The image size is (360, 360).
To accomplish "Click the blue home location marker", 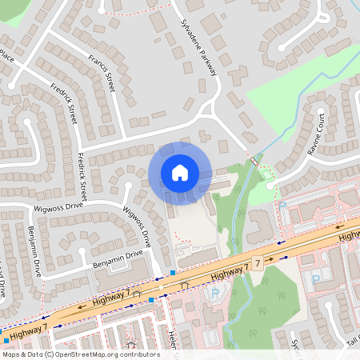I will coord(180,172).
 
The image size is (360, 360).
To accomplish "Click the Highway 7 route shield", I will coord(258,263).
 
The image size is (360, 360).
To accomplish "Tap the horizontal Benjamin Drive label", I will coord(116,258).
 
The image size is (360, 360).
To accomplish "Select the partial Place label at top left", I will coord(7,57).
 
